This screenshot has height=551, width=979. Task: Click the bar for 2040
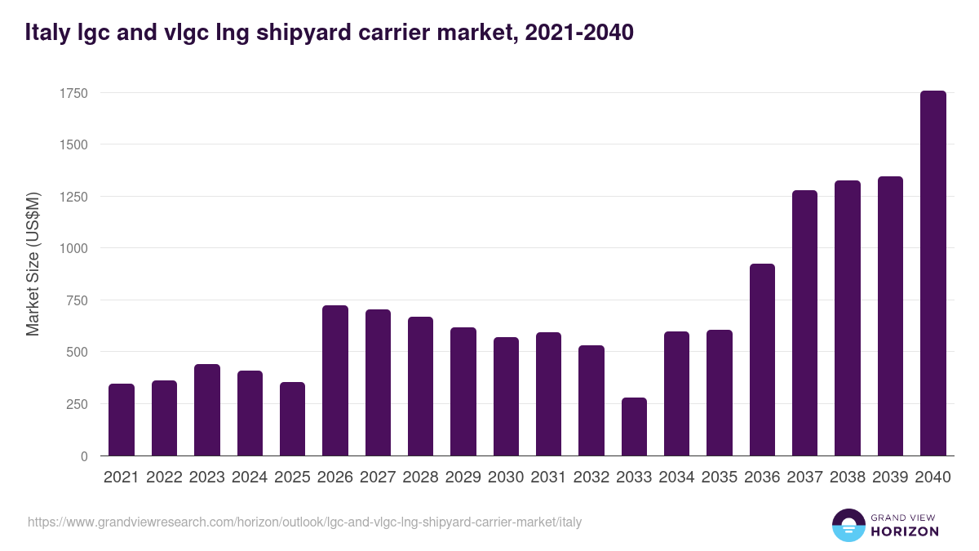[932, 273]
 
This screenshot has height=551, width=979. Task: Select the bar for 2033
[634, 427]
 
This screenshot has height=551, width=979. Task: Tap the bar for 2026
[335, 380]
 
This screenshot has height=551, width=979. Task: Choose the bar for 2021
[122, 420]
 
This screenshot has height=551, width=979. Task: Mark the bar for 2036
[762, 360]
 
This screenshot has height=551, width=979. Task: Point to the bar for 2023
[207, 410]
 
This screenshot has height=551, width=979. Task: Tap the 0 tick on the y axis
[83, 456]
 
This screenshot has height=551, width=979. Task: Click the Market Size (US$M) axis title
[33, 264]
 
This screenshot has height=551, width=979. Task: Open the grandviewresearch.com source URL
[305, 522]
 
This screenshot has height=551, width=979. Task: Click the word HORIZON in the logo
[905, 531]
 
